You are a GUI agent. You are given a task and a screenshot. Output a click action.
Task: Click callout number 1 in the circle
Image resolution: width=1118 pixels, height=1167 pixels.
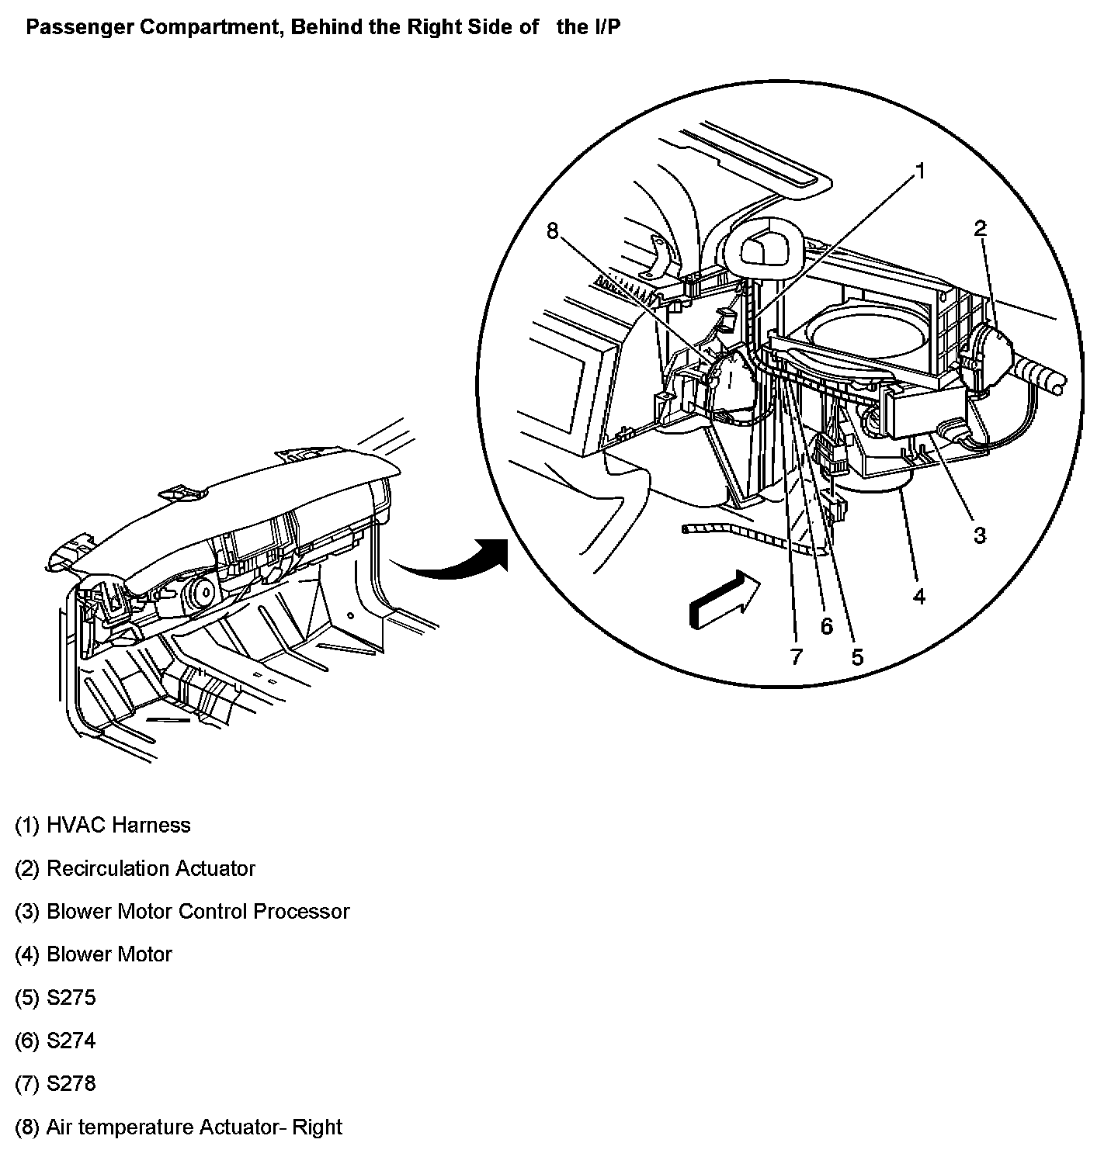920,171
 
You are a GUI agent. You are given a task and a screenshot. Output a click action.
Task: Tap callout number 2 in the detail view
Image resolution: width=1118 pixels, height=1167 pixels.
981,228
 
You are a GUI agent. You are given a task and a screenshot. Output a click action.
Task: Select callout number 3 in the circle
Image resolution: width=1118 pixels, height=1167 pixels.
980,535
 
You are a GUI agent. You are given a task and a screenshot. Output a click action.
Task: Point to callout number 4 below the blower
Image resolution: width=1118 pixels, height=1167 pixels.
919,596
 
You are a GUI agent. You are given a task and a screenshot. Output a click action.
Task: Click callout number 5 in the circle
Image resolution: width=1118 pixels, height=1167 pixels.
857,657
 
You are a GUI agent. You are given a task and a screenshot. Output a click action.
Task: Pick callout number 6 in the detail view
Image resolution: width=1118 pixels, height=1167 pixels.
826,626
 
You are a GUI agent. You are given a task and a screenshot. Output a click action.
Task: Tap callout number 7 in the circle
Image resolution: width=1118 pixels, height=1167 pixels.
796,657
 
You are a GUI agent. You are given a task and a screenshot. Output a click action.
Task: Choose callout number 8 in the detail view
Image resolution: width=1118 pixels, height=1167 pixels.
553,230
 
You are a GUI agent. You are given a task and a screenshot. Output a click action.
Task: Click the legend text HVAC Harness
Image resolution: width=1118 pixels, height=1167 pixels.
118,825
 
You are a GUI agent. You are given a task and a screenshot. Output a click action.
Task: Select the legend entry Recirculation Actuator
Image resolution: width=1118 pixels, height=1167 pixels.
151,868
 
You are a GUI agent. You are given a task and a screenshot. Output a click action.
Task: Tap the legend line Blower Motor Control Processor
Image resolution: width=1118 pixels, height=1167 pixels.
198,911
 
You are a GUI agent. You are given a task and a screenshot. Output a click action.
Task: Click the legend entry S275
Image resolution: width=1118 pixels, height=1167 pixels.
71,997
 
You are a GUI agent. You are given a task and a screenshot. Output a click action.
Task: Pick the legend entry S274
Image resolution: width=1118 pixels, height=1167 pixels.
71,1041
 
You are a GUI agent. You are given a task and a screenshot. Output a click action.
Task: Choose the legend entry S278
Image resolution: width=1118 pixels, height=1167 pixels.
71,1083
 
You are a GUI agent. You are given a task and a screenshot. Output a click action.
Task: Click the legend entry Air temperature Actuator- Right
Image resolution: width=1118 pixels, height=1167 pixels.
194,1127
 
